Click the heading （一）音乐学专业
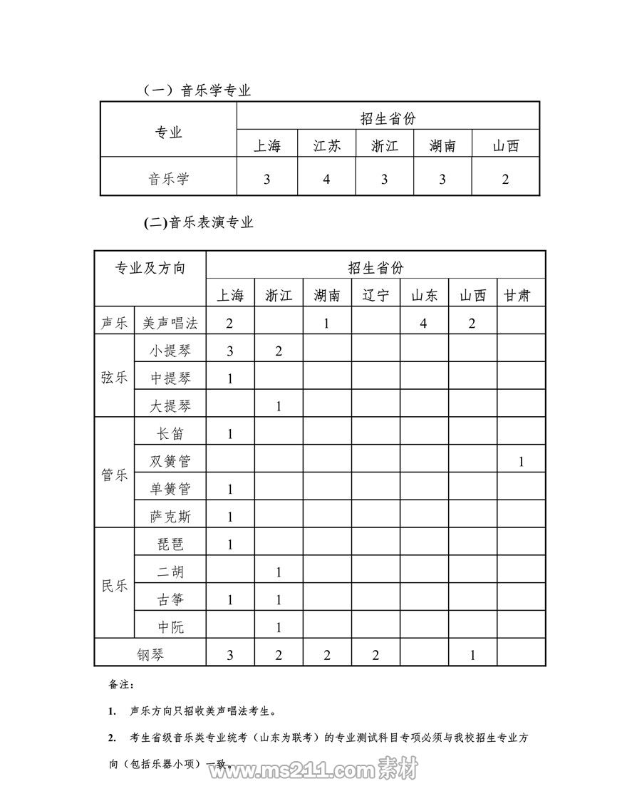(197, 91)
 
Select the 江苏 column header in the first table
(326, 146)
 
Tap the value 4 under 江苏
(326, 179)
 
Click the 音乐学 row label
(169, 179)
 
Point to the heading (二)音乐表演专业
(199, 222)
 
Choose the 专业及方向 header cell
(150, 269)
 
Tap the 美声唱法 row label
(170, 323)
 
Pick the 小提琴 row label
(170, 351)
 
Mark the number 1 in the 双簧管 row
(521, 462)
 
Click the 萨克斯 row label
(170, 517)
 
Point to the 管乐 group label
(115, 475)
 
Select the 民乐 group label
(115, 587)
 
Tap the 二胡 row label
(170, 572)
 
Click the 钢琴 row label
(150, 654)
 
